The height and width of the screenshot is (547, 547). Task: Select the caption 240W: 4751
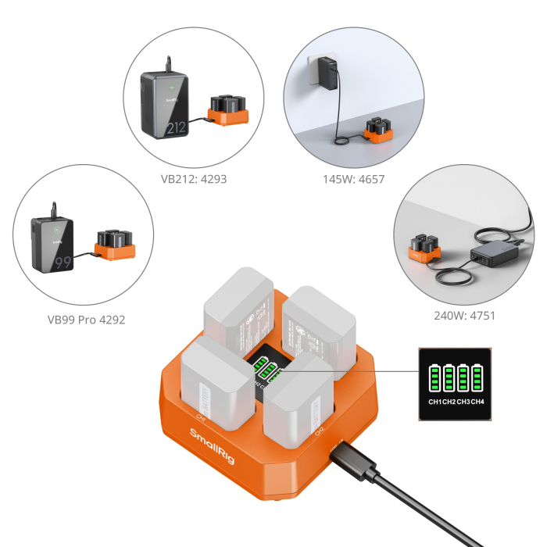464,316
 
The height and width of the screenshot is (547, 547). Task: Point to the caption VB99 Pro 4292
85,319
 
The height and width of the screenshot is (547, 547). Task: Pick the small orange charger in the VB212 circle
227,110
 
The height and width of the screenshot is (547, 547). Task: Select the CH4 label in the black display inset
477,402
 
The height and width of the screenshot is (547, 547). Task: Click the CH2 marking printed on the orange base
319,429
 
